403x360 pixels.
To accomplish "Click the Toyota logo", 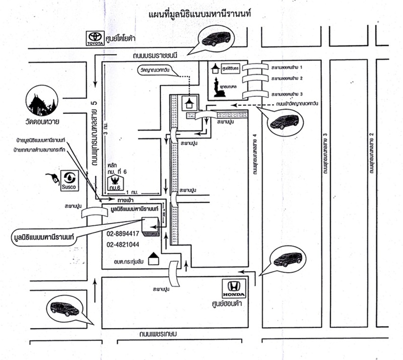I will point(95,38).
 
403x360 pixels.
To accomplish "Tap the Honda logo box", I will point(234,289).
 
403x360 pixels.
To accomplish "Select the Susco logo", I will point(69,179).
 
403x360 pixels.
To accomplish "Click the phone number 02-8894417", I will point(122,233).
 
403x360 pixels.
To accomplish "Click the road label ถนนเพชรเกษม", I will point(158,335).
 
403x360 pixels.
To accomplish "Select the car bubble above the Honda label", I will point(287,259).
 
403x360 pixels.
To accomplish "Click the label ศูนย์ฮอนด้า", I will point(235,304).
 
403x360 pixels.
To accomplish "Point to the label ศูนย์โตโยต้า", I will point(122,38).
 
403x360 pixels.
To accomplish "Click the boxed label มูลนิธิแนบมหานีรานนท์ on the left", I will point(44,235).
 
